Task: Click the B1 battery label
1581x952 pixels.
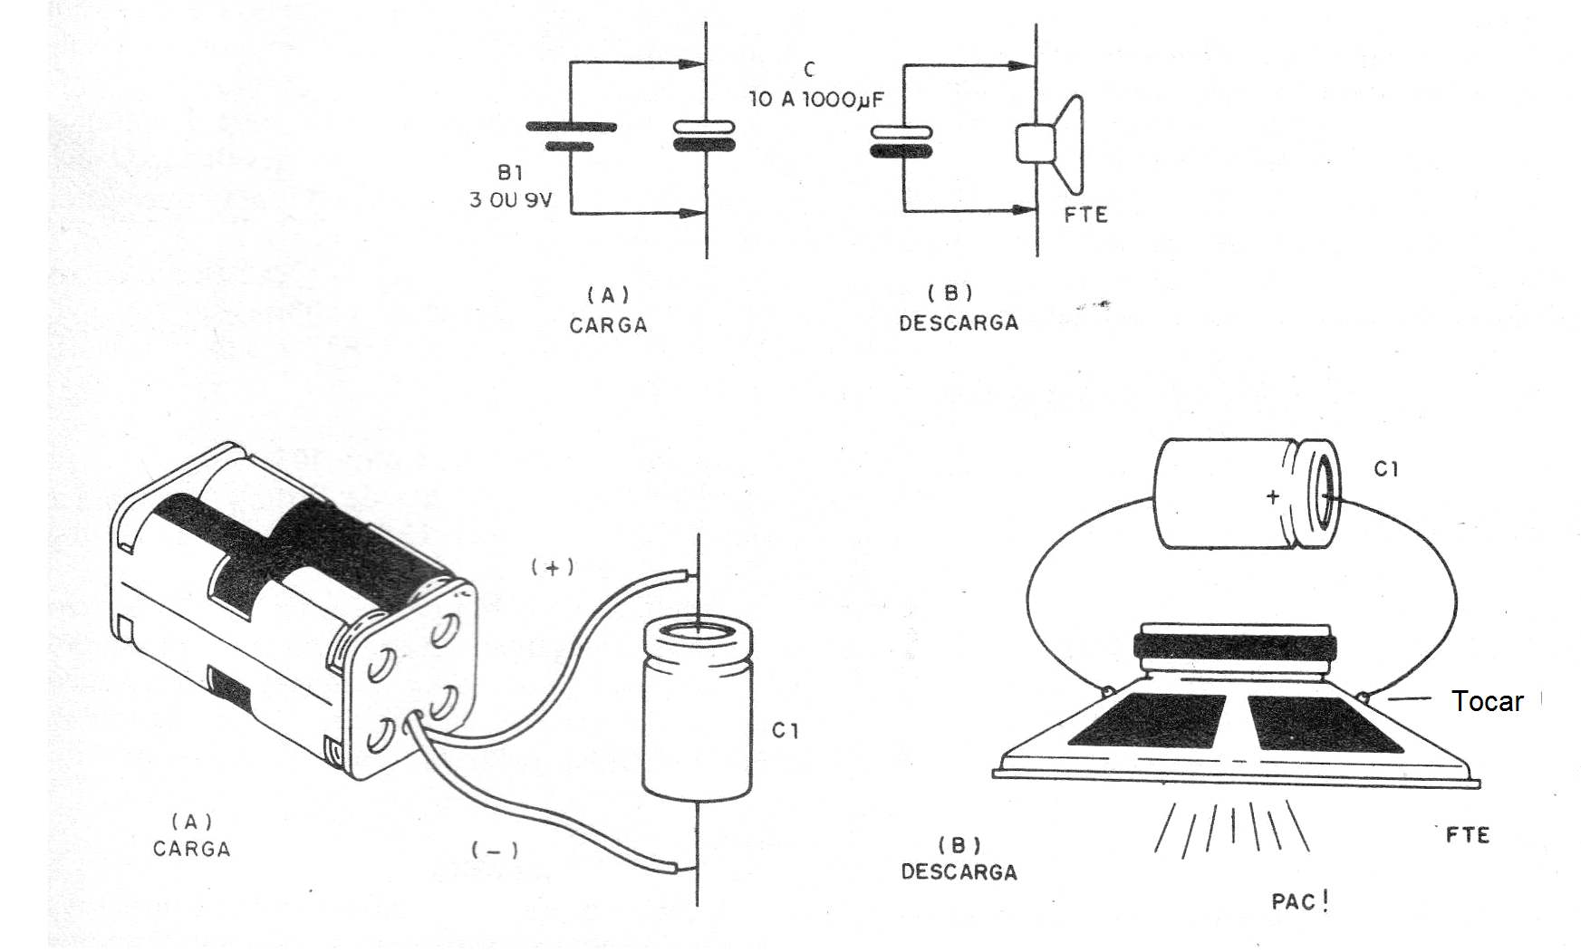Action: (509, 172)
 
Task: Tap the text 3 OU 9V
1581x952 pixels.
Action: (510, 199)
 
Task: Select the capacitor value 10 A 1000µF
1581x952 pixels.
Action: (816, 99)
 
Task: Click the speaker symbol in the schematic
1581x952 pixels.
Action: (1049, 144)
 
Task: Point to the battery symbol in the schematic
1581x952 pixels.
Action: (571, 137)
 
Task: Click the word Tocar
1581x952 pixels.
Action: (1487, 700)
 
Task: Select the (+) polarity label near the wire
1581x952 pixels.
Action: (553, 567)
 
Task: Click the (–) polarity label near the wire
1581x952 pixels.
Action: (495, 850)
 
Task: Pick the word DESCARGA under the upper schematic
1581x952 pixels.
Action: (959, 322)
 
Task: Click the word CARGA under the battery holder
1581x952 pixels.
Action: (191, 849)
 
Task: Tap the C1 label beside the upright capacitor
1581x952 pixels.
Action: (786, 730)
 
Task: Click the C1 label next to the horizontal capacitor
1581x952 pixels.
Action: (1386, 468)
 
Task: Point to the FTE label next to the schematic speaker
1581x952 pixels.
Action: (1085, 215)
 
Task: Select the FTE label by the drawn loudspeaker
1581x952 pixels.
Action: (1468, 834)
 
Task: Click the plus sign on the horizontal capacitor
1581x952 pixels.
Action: (1273, 496)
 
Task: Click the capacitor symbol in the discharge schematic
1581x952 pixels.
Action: (902, 141)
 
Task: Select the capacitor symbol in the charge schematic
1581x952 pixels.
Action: (705, 137)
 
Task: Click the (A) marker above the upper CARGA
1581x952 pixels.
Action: (608, 295)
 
